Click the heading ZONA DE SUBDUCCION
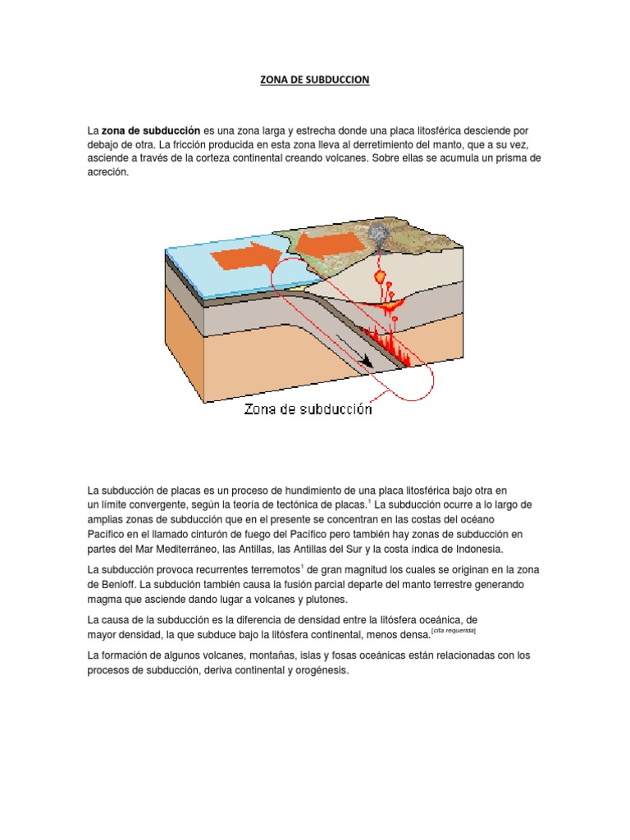[315, 80]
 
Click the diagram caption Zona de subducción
[308, 409]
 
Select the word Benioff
[112, 585]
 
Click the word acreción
[108, 172]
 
